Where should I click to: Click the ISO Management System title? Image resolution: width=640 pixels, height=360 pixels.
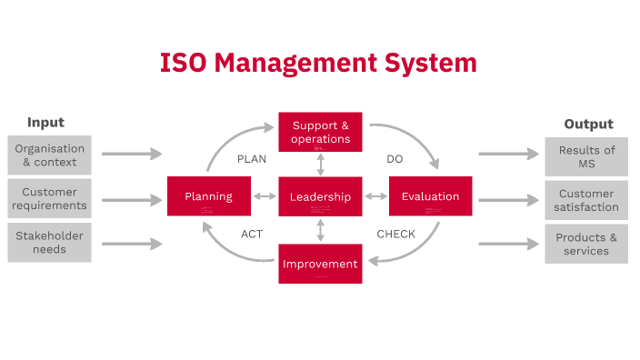tap(318, 63)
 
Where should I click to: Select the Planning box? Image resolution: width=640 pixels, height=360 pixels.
tap(209, 196)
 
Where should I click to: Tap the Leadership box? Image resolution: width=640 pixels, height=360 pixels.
tap(320, 196)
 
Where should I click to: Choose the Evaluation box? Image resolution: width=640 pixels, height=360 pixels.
tap(431, 196)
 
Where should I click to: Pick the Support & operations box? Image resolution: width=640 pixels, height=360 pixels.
tap(320, 132)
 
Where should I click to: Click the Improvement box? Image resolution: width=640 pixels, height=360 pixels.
tap(320, 264)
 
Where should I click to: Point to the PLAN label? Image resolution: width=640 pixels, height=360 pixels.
tap(252, 159)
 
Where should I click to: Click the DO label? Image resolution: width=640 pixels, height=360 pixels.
tap(395, 159)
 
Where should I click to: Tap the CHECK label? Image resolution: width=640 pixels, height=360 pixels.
tap(395, 235)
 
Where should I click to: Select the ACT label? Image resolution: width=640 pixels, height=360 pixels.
tap(252, 235)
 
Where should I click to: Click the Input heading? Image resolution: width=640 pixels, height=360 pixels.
tap(45, 123)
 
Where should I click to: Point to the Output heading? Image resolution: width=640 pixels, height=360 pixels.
tap(588, 125)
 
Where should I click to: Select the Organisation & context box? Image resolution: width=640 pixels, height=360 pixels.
tap(50, 155)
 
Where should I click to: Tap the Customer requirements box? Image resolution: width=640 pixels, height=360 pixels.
tap(50, 199)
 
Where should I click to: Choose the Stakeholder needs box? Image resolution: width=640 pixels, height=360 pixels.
tap(50, 243)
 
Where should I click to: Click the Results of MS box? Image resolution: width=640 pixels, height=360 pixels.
tap(586, 156)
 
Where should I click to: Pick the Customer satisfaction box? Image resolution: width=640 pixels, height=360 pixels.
tap(586, 200)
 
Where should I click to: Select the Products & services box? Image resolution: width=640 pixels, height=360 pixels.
tap(586, 244)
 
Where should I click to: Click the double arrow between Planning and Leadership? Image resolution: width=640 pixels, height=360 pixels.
tap(265, 196)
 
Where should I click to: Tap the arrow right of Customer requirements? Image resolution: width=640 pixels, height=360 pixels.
tap(132, 199)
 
